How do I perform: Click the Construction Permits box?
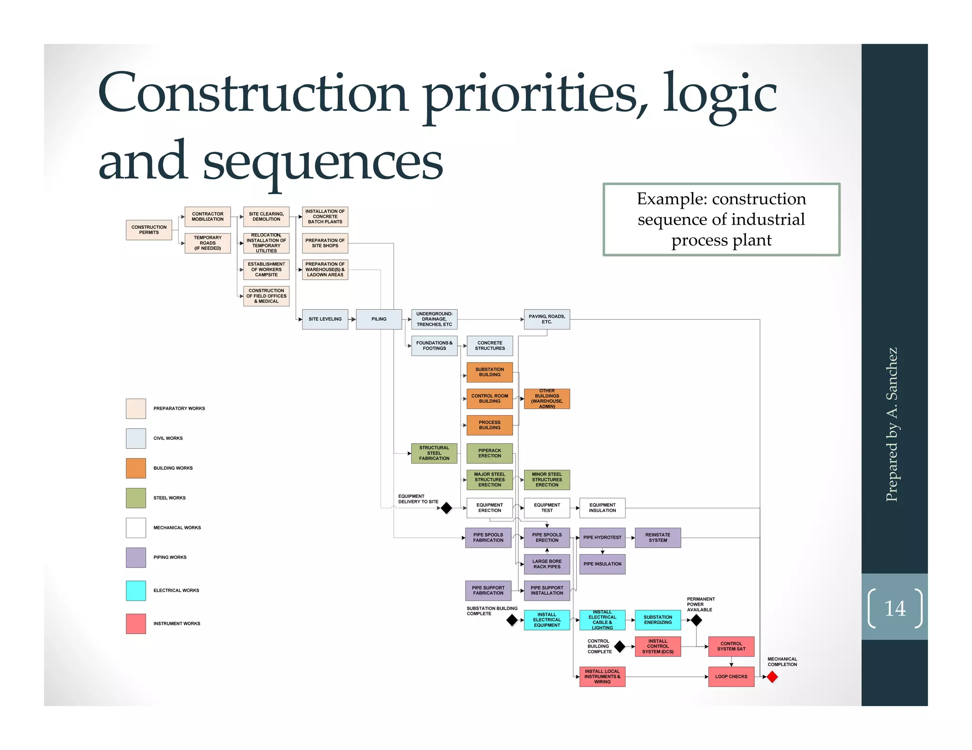(x=149, y=230)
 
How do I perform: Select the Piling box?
(x=379, y=319)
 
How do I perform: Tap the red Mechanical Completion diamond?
(x=772, y=677)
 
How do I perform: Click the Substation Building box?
(x=489, y=372)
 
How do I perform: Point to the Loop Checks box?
(x=731, y=677)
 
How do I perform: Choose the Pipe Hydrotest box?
(x=602, y=538)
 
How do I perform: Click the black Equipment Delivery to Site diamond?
(x=446, y=508)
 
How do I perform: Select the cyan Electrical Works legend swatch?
(x=136, y=591)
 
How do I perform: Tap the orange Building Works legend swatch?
(x=136, y=468)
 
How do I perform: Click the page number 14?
(x=895, y=609)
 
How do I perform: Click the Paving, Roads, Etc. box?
(x=547, y=319)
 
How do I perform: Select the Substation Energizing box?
(x=657, y=620)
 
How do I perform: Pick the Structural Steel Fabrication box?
(x=434, y=453)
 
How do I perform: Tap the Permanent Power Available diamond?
(x=696, y=620)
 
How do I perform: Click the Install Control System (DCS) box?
(x=657, y=647)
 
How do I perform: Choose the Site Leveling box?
(x=325, y=319)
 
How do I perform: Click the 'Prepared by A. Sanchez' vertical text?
(x=892, y=424)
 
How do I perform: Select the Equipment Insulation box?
(x=602, y=508)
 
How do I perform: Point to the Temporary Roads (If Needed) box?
(x=207, y=243)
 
